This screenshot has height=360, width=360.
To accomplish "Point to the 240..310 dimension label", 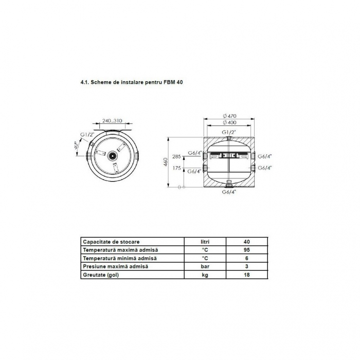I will [x=113, y=121].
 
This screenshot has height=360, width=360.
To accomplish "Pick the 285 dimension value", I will [x=177, y=157].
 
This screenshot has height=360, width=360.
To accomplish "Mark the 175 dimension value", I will [x=177, y=168].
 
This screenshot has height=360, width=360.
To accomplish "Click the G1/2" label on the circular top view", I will [x=86, y=135].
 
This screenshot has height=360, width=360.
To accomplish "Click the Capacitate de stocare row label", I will [x=111, y=242].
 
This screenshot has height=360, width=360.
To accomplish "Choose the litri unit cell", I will [x=205, y=242].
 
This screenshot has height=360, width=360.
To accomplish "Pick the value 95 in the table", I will [x=246, y=250].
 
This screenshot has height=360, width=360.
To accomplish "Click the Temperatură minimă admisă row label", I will [x=120, y=258].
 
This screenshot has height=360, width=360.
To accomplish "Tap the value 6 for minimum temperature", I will [x=246, y=258].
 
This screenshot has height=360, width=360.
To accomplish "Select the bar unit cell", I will [x=205, y=266].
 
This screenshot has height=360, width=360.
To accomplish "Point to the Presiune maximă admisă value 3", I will [x=246, y=266].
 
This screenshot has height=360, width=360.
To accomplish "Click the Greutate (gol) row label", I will [x=103, y=275].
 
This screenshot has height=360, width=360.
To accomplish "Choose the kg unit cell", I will [x=205, y=275].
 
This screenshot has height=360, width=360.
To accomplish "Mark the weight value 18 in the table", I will [x=246, y=275].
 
